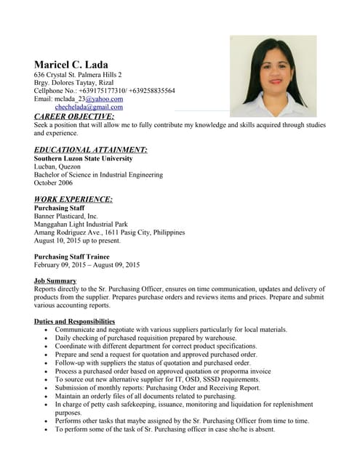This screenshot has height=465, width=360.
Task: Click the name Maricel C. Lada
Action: pyautogui.click(x=71, y=65)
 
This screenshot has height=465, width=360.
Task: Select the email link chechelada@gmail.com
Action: pyautogui.click(x=89, y=107)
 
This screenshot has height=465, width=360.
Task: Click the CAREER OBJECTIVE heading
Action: pyautogui.click(x=74, y=116)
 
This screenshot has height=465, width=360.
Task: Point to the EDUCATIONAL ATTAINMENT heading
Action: pyautogui.click(x=90, y=150)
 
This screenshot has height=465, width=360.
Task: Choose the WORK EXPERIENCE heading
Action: pyautogui.click(x=73, y=199)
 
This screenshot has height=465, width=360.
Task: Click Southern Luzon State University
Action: pyautogui.click(x=83, y=158)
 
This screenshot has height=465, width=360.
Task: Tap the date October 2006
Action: pyautogui.click(x=57, y=183)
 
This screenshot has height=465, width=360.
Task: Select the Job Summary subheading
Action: pyautogui.click(x=55, y=280)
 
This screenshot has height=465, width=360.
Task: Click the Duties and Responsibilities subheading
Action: pyautogui.click(x=74, y=321)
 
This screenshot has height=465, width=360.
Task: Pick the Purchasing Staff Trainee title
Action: pyautogui.click(x=72, y=256)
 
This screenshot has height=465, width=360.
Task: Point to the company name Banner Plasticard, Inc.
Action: pyautogui.click(x=65, y=216)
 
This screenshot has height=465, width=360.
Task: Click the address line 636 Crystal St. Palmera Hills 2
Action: pyautogui.click(x=78, y=75)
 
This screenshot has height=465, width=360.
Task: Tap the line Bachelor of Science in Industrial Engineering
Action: pyautogui.click(x=98, y=175)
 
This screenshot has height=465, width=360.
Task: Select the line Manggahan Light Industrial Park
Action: pyautogui.click(x=81, y=225)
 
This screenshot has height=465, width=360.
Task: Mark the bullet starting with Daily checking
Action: pyautogui.click(x=145, y=338)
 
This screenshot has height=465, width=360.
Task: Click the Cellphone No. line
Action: pyautogui.click(x=104, y=91)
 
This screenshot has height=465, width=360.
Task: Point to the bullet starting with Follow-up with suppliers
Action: pyautogui.click(x=153, y=363)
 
